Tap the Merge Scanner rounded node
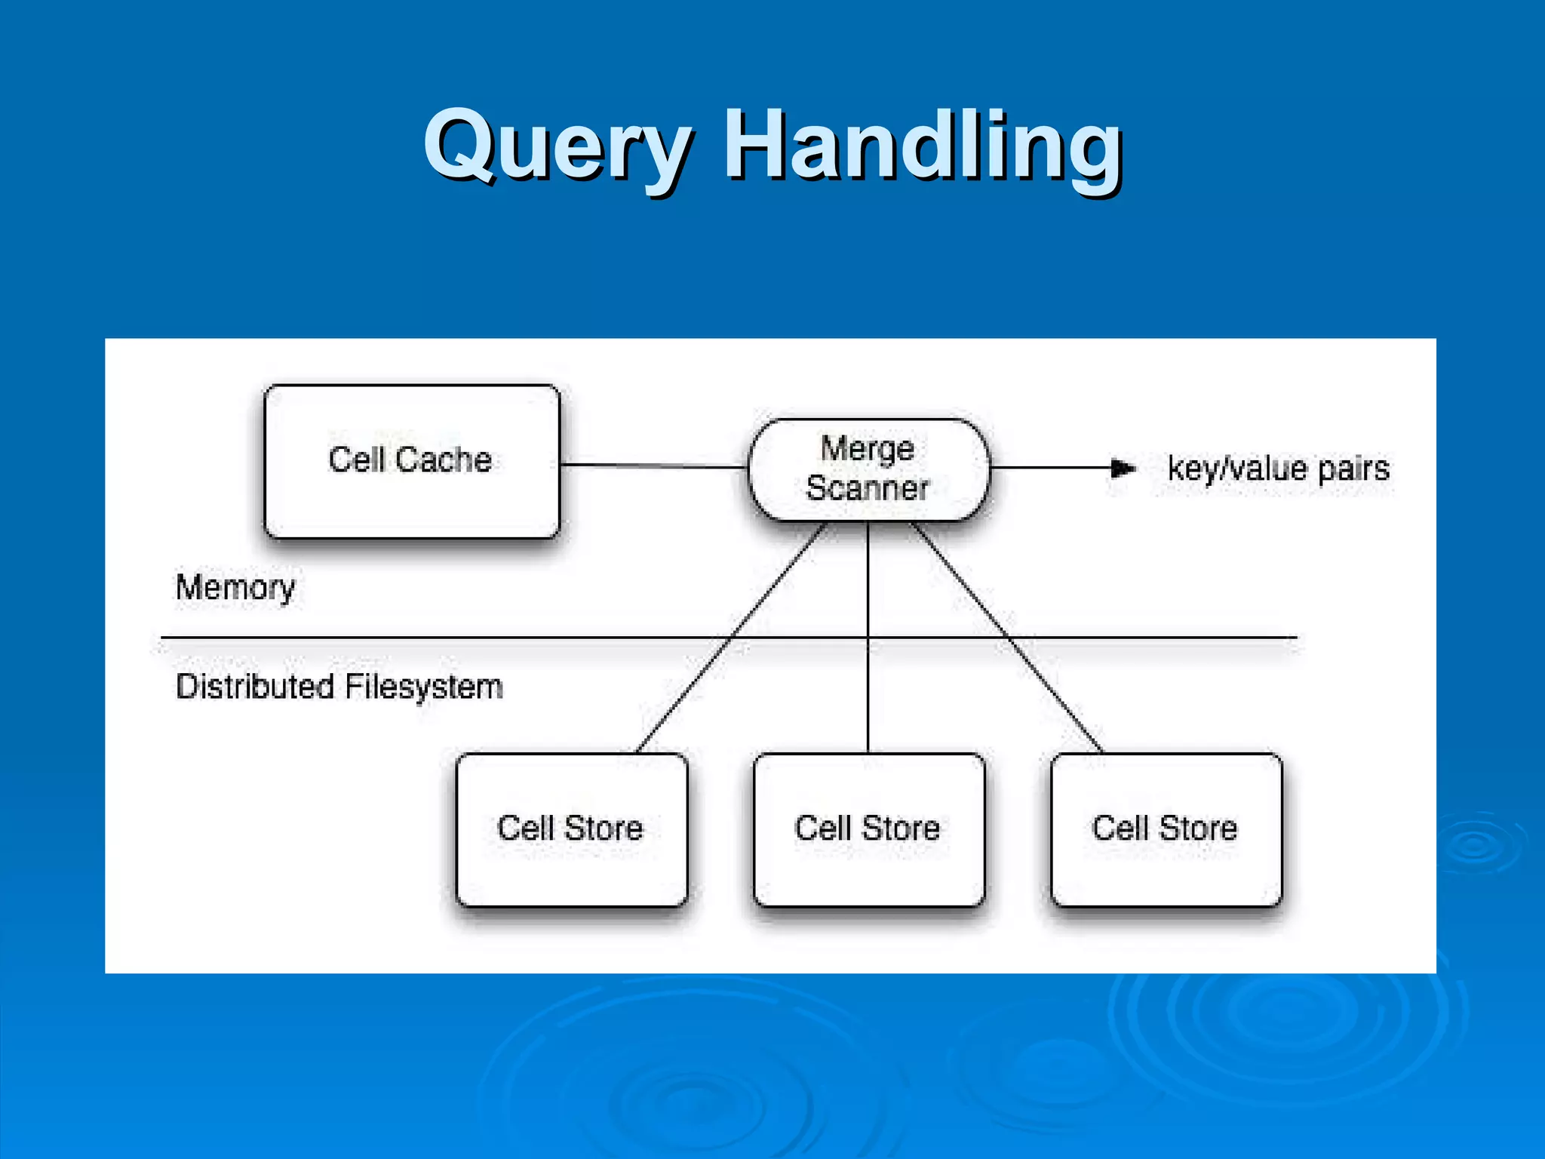click(x=868, y=469)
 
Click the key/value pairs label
click(x=1278, y=469)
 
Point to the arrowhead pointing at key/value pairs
click(x=1123, y=469)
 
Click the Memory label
click(x=235, y=588)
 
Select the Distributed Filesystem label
click(x=339, y=687)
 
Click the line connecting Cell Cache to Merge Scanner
click(x=653, y=466)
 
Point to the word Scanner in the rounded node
click(x=868, y=488)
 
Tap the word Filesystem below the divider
click(x=423, y=687)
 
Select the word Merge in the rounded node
click(x=868, y=448)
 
